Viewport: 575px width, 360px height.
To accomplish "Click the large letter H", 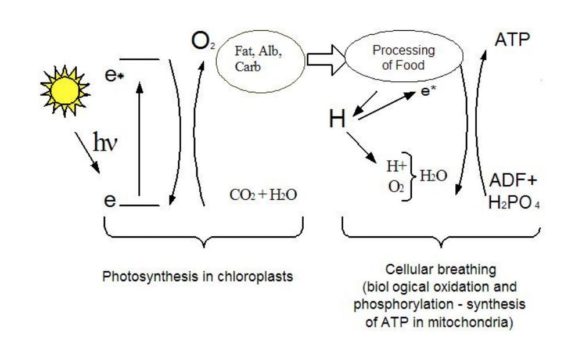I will point(337,120).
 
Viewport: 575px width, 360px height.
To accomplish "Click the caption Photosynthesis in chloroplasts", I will point(197,275).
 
